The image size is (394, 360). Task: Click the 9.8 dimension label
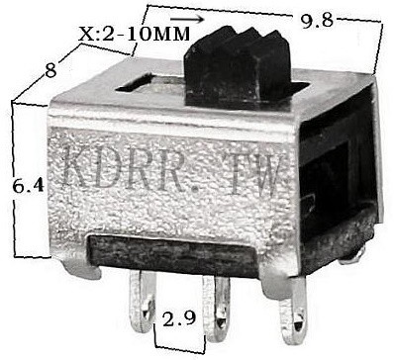(x=316, y=21)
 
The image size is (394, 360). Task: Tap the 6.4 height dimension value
(x=29, y=186)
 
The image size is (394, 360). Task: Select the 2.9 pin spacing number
(x=179, y=319)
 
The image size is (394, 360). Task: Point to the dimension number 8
(x=50, y=70)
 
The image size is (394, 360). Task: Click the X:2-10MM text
(x=135, y=34)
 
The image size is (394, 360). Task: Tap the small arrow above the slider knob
(x=187, y=20)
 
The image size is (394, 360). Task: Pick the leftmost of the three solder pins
(x=142, y=301)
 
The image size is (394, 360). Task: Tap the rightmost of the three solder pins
(x=293, y=310)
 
